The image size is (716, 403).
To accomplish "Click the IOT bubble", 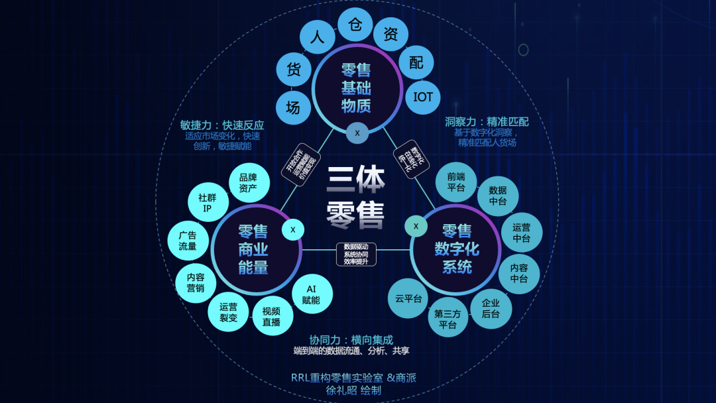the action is (x=423, y=97).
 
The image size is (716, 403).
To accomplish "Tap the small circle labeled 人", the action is (x=317, y=37).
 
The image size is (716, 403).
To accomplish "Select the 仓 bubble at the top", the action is (x=355, y=25).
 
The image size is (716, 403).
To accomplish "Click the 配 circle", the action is (x=416, y=63).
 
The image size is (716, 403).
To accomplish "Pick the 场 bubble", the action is (x=292, y=107).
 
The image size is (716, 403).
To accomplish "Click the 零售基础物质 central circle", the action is (x=356, y=88).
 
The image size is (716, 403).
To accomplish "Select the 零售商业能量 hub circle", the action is (x=253, y=249).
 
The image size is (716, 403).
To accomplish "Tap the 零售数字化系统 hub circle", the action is (x=457, y=249).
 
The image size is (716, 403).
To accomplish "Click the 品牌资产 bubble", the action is (x=248, y=182).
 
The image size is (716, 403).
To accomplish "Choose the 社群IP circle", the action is (x=208, y=203).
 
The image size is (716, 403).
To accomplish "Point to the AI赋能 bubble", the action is (x=311, y=294).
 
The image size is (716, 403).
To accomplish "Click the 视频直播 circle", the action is (x=271, y=316).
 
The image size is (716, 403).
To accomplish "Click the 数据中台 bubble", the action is (x=498, y=196).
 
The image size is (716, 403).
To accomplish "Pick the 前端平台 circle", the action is (x=456, y=182).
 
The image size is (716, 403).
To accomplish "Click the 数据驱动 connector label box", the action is (x=356, y=253).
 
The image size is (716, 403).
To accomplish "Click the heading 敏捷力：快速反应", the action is (x=222, y=125).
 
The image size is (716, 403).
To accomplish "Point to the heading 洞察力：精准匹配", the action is (x=487, y=122).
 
